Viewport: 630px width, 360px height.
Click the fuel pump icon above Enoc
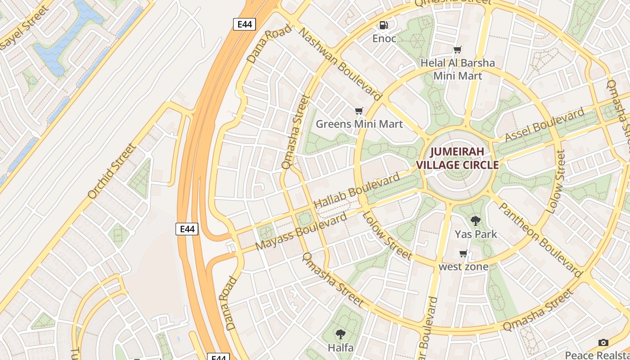(x=383, y=26)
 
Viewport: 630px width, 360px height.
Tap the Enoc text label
(x=384, y=39)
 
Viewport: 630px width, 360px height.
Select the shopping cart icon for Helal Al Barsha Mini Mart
(x=458, y=50)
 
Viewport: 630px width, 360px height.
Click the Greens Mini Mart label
(x=359, y=124)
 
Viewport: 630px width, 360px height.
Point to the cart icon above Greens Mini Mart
(x=359, y=111)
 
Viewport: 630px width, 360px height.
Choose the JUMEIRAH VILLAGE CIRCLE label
(x=457, y=158)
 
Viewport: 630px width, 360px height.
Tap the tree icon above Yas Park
(x=476, y=221)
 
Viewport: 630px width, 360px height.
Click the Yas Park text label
(x=476, y=234)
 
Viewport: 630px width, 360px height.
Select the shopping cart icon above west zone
(x=463, y=254)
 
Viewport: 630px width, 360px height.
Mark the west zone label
(x=463, y=267)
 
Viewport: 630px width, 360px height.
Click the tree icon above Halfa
(x=341, y=334)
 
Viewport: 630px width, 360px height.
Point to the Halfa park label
(x=341, y=347)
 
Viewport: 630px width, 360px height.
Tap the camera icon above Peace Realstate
(x=603, y=343)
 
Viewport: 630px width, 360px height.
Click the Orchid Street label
(x=112, y=171)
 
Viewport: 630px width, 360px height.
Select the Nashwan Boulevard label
(x=340, y=64)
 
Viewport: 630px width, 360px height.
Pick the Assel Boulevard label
(x=544, y=125)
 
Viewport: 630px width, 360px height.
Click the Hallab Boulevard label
(x=356, y=190)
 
